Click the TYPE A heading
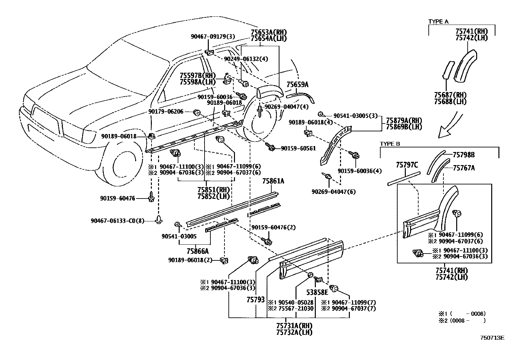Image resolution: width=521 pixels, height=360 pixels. [x=438, y=22]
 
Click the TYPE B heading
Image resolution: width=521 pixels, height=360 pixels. [x=390, y=144]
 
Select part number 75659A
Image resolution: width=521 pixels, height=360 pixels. [x=297, y=85]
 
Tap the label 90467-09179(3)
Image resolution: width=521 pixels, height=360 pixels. [x=213, y=37]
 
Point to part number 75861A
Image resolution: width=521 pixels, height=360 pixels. [x=273, y=181]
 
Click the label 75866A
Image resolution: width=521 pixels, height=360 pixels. [x=197, y=251]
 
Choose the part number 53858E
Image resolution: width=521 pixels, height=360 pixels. [x=317, y=293]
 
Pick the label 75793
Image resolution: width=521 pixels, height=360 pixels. [x=256, y=300]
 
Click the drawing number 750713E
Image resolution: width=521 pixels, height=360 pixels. [x=493, y=338]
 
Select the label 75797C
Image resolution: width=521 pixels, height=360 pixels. [x=407, y=165]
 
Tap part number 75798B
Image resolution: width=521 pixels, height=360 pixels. [x=463, y=155]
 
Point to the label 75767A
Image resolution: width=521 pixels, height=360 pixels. [x=464, y=168]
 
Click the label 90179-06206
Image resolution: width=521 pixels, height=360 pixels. [x=166, y=112]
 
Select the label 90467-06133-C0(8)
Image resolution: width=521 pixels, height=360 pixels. [x=117, y=220]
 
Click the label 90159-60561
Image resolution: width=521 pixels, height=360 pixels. [x=298, y=148]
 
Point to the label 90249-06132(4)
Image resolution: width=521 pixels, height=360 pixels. [x=246, y=59]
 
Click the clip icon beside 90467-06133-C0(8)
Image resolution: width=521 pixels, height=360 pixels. [x=159, y=219]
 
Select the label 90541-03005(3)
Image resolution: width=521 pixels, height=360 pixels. [x=355, y=116]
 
